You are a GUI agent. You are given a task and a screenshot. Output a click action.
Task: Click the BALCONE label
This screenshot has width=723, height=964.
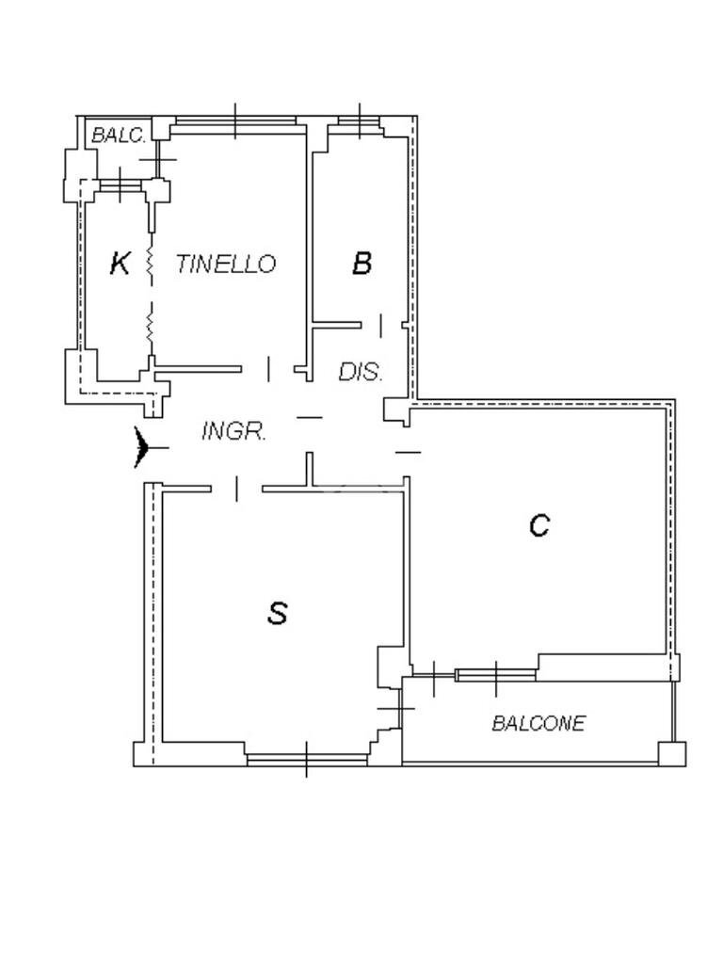click(x=538, y=723)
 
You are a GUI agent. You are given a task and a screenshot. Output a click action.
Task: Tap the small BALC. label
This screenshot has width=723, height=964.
click(x=118, y=136)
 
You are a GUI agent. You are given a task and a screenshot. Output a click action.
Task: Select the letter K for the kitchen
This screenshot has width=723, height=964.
click(x=120, y=264)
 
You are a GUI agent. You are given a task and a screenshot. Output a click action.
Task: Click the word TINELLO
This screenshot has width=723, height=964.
click(x=226, y=265)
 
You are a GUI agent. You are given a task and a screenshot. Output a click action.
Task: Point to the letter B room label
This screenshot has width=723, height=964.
click(x=361, y=264)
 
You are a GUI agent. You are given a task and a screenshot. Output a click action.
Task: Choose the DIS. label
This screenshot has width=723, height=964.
click(x=361, y=373)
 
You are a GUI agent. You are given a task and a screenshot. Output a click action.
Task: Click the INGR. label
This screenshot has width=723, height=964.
click(x=234, y=432)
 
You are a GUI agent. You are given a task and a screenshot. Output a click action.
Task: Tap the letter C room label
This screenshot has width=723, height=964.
click(x=538, y=525)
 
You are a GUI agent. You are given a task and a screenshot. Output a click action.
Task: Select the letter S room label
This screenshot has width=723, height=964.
click(x=277, y=614)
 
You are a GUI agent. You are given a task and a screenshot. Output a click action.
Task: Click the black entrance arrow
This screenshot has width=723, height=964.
click(x=143, y=447)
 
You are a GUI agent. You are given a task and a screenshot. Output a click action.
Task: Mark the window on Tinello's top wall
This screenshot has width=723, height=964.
click(x=235, y=120)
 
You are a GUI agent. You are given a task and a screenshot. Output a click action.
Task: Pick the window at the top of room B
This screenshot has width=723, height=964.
click(x=360, y=120)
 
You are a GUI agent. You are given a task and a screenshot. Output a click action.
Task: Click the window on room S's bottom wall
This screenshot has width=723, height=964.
click(x=306, y=757)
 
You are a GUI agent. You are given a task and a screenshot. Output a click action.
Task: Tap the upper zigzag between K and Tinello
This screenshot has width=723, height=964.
click(x=150, y=264)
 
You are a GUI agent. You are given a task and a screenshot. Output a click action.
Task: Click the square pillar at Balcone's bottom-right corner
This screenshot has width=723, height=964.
click(x=672, y=754)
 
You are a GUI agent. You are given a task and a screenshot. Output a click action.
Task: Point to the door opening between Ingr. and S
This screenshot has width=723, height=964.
click(x=236, y=488)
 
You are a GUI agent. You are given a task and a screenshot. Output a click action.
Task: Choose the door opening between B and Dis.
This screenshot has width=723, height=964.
click(x=380, y=326)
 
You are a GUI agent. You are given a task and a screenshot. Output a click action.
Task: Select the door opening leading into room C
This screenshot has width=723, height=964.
click(x=408, y=452)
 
